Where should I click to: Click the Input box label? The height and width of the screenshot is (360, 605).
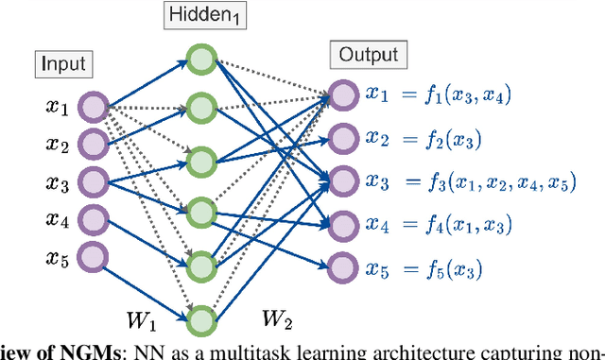(63, 64)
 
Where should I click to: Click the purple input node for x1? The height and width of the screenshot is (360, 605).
(92, 107)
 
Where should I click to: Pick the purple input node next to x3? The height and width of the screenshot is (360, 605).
(92, 180)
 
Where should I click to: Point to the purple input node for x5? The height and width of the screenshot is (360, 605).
(92, 255)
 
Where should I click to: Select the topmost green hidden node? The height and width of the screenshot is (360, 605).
(201, 60)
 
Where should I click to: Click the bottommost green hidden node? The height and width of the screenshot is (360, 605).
(201, 320)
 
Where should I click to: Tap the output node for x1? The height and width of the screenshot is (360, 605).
(341, 94)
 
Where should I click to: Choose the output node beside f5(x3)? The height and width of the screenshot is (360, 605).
(341, 269)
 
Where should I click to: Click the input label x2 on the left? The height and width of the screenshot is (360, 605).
(59, 145)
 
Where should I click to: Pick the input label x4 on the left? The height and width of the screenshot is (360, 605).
(59, 219)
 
